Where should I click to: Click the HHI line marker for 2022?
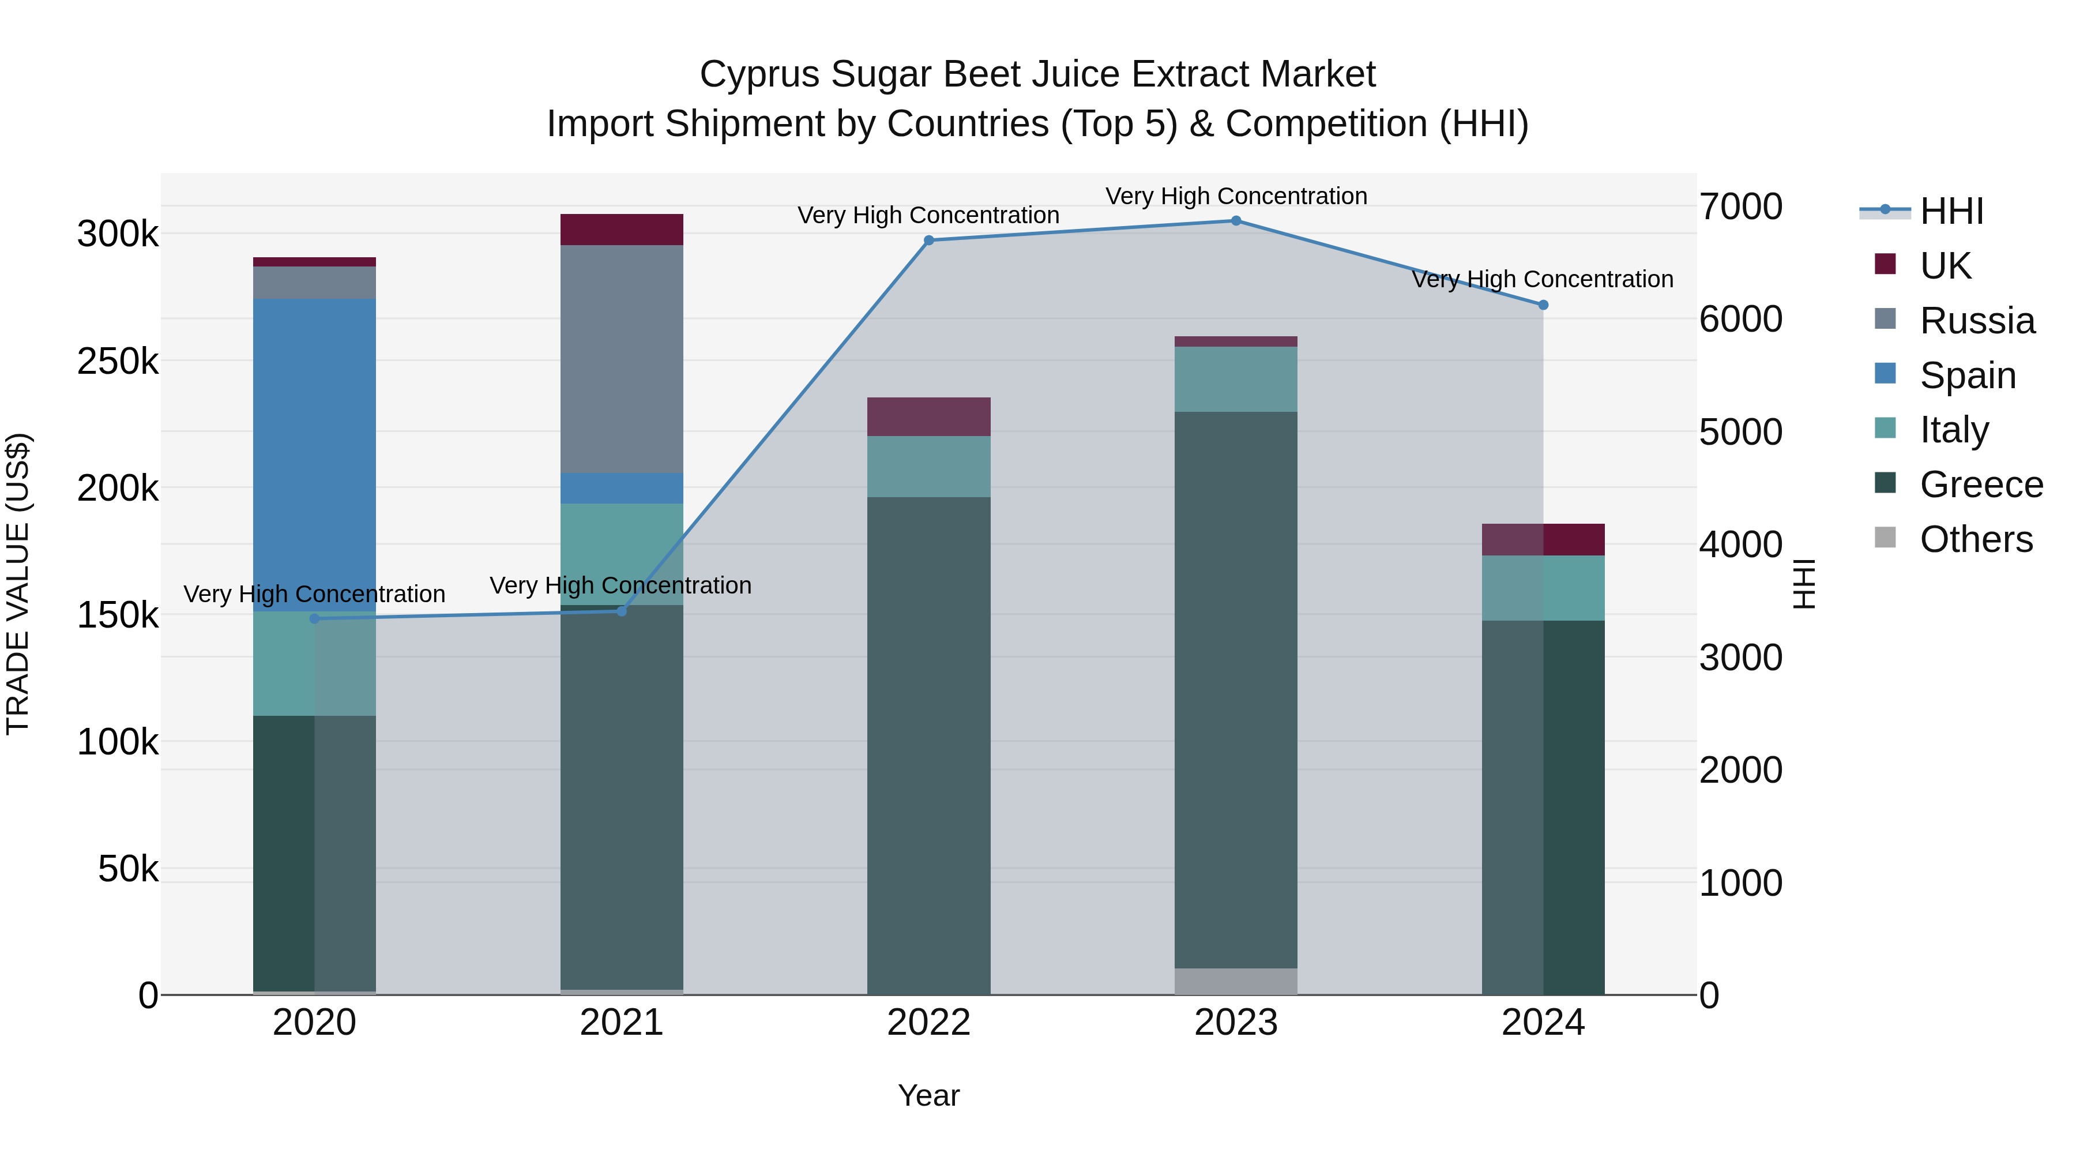click(928, 240)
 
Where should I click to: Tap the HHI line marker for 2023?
click(1235, 221)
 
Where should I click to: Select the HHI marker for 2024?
click(1543, 305)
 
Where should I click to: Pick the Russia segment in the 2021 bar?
click(621, 359)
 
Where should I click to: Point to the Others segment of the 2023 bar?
click(1235, 981)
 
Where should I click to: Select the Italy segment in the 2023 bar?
click(1235, 379)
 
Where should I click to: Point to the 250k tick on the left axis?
click(118, 362)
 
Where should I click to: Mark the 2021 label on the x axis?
click(621, 1023)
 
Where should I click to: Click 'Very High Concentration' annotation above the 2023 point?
click(1235, 197)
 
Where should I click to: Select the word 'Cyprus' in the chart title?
click(760, 75)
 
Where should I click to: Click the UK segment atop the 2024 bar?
click(1543, 539)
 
